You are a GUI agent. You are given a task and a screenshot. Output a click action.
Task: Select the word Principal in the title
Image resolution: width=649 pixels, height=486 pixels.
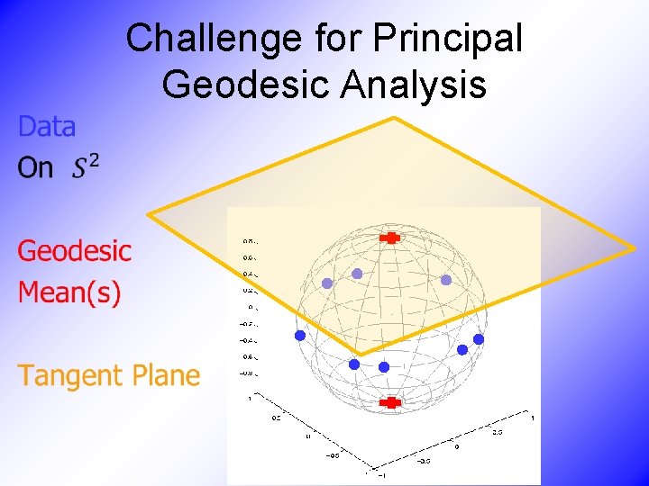(448, 38)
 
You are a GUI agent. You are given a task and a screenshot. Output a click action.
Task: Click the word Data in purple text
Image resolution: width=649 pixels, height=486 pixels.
(47, 127)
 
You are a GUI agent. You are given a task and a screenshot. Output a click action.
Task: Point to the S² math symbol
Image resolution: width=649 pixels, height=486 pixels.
(86, 166)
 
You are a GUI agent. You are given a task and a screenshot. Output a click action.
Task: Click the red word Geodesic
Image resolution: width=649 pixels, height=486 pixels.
(75, 250)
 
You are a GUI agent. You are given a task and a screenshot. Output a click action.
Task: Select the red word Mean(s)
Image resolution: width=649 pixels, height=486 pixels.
(69, 292)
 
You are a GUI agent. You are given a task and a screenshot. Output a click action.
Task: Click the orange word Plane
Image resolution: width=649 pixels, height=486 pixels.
(167, 374)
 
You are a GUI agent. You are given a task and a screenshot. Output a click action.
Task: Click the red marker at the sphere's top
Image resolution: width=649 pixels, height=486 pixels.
(391, 238)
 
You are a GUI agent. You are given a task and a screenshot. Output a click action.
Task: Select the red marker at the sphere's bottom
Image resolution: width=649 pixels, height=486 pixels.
(390, 403)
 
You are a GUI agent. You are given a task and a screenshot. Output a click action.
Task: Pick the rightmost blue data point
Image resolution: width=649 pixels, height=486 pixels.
(479, 339)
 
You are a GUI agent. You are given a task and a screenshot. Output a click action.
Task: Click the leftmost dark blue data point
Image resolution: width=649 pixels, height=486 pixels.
(299, 336)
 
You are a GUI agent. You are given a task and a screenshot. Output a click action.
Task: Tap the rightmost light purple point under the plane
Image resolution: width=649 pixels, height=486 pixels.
(445, 280)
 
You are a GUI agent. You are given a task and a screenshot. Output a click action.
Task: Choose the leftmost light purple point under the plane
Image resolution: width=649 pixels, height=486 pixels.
(327, 283)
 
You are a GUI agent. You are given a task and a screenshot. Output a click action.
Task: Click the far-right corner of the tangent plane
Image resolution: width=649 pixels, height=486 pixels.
(633, 247)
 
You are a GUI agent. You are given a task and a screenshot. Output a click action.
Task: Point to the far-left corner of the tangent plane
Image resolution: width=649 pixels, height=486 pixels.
(149, 214)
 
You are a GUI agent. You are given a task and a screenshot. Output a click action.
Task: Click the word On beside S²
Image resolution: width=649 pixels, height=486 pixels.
(36, 168)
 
